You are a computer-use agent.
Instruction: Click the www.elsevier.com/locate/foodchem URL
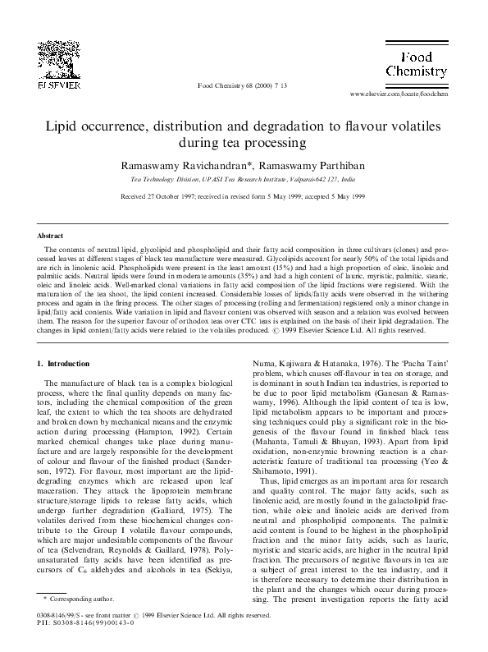click(x=399, y=95)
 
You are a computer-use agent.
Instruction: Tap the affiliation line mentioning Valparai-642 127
click(x=244, y=178)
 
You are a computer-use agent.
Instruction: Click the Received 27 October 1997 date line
click(x=244, y=197)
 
